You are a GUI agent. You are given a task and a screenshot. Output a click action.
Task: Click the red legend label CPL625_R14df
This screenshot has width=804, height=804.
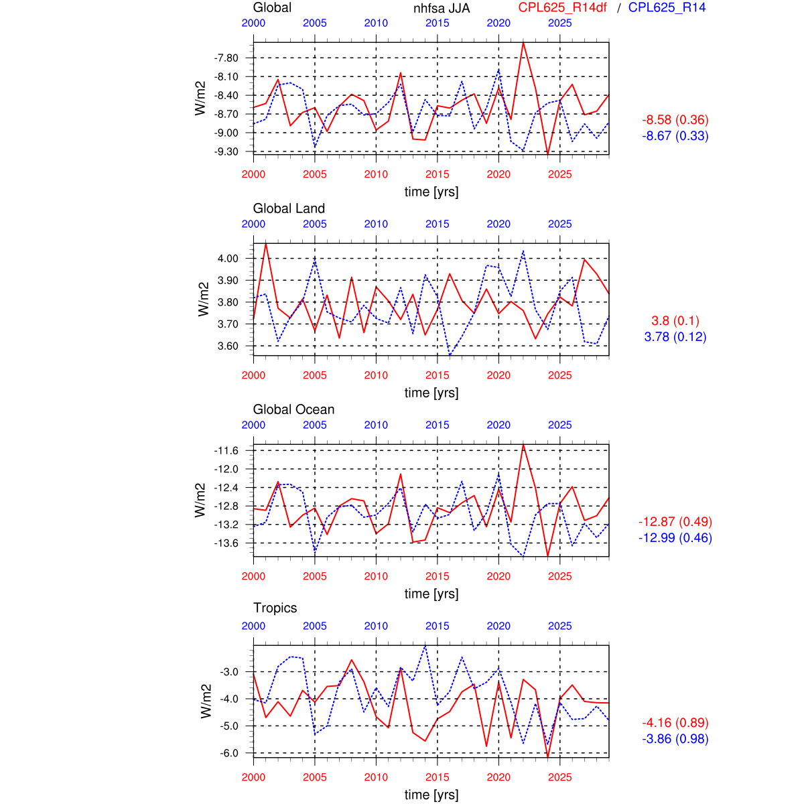pyautogui.click(x=563, y=7)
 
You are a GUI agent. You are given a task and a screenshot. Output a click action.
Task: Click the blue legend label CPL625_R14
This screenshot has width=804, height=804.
pyautogui.click(x=667, y=7)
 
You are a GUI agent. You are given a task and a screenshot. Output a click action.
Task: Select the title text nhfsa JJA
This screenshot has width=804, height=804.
pyautogui.click(x=442, y=8)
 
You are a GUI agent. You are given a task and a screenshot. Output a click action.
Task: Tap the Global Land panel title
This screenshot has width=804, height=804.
pyautogui.click(x=289, y=208)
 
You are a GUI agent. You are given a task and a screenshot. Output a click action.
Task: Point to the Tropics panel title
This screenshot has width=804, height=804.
pyautogui.click(x=275, y=608)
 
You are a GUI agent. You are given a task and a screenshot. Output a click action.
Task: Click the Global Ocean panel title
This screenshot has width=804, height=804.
pyautogui.click(x=293, y=409)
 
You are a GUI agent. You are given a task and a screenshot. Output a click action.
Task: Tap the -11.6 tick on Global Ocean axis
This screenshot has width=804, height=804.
pyautogui.click(x=226, y=450)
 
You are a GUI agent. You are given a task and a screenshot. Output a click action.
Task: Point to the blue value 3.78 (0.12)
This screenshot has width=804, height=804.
pyautogui.click(x=675, y=337)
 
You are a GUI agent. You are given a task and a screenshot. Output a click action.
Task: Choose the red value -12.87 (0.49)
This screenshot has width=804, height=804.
pyautogui.click(x=675, y=522)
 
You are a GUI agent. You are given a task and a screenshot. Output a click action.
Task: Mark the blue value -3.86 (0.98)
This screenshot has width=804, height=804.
pyautogui.click(x=675, y=739)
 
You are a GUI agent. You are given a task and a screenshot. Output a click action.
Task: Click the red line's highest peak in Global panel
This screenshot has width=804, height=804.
pyautogui.click(x=523, y=43)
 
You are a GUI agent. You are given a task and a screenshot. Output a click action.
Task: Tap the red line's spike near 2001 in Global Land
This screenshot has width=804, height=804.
pyautogui.click(x=266, y=244)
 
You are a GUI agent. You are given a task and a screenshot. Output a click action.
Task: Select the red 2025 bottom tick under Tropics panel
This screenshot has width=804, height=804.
pyautogui.click(x=560, y=777)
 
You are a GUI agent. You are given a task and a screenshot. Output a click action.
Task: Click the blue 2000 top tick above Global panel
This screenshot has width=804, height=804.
pyautogui.click(x=253, y=23)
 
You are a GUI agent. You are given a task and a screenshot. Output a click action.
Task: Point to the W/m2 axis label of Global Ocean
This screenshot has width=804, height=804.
pyautogui.click(x=200, y=500)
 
